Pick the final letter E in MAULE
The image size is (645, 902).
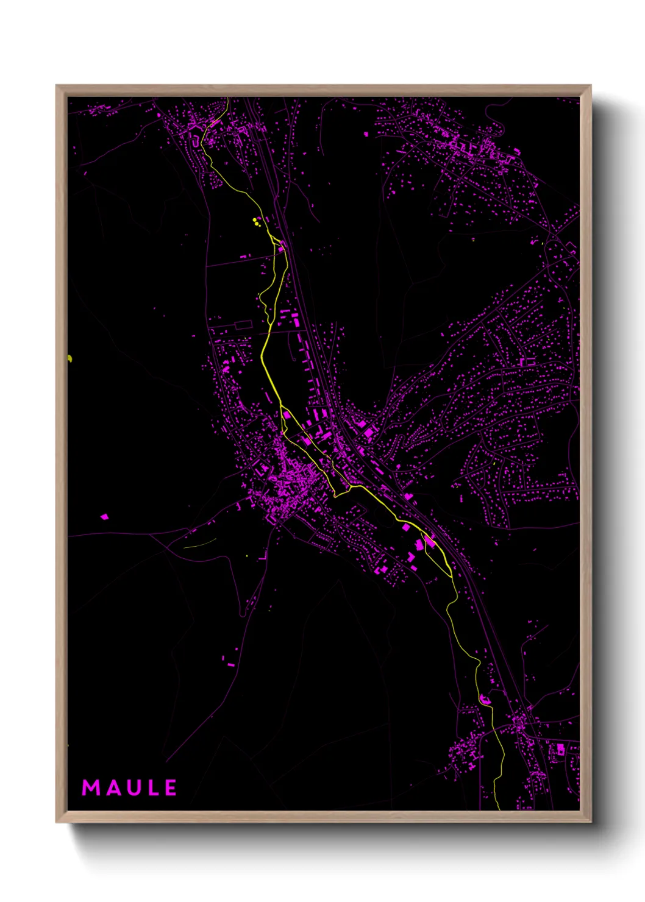170,788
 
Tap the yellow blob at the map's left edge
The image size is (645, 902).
69,358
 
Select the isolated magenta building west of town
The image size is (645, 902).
104,517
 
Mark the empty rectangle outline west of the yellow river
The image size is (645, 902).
243,325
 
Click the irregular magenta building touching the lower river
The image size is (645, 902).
486,699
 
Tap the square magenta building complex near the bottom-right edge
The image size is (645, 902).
560,749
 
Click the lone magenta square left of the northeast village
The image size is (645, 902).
366,133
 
